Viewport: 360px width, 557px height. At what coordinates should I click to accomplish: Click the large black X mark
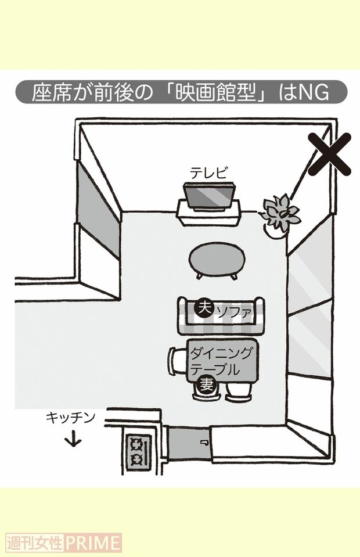[x=330, y=154]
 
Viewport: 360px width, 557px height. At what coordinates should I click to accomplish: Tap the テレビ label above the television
[x=209, y=173]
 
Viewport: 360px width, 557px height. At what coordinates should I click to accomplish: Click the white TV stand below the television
[x=209, y=215]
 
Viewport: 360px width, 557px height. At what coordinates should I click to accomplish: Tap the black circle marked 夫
[x=204, y=308]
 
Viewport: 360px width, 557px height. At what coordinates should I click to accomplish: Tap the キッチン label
[x=71, y=417]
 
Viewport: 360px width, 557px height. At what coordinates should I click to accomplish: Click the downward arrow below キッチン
[x=74, y=439]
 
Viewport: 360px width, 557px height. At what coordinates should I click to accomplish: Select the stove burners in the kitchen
[x=138, y=451]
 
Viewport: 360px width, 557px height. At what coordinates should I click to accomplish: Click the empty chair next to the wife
[x=238, y=390]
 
